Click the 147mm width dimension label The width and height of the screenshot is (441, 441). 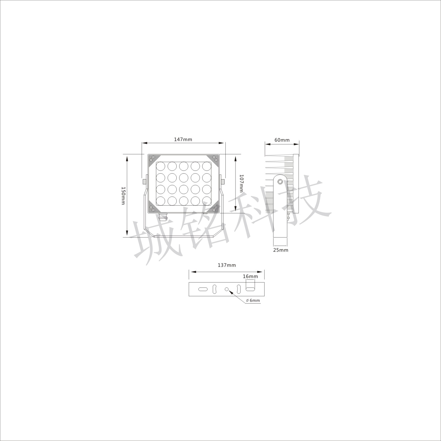(x=183, y=139)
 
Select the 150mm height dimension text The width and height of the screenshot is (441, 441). (x=123, y=195)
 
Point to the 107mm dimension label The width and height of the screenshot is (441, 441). (x=242, y=183)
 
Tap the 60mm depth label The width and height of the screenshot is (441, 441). (x=282, y=140)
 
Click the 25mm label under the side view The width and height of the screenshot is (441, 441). (x=281, y=250)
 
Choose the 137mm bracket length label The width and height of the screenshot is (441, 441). (x=227, y=265)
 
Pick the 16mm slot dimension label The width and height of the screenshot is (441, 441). (x=250, y=276)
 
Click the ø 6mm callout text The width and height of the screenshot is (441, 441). (x=253, y=300)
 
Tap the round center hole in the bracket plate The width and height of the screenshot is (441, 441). (x=227, y=289)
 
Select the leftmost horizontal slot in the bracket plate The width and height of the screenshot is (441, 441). (x=203, y=289)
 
